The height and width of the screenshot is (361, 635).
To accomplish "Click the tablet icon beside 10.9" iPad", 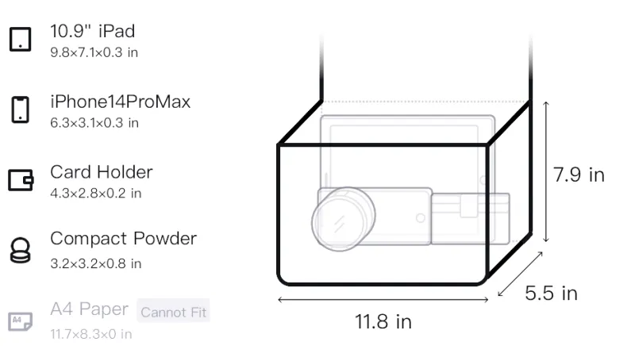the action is click(21, 39).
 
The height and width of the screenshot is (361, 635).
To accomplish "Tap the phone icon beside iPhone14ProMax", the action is click(21, 109).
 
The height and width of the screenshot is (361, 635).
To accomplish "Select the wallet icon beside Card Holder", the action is click(21, 179).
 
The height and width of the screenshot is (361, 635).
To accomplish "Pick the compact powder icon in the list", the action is click(21, 251).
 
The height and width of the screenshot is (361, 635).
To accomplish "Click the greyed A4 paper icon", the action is click(21, 321).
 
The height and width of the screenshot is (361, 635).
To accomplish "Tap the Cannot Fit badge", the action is click(173, 312).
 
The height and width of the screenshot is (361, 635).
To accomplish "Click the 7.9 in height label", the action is click(579, 175).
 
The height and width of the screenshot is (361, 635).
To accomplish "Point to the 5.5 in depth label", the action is click(551, 293).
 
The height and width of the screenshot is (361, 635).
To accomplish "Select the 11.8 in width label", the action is click(383, 322).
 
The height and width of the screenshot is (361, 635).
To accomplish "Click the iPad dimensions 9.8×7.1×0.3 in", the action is click(94, 52).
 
